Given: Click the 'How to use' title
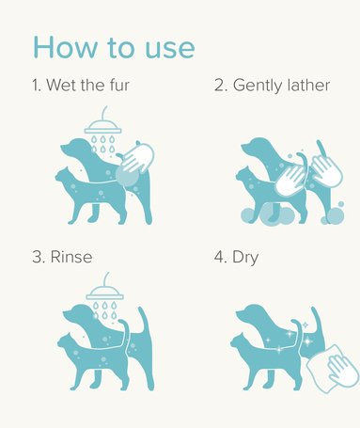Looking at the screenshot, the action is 114,47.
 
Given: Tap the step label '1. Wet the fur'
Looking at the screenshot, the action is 81,85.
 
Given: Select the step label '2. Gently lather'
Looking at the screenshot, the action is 272,86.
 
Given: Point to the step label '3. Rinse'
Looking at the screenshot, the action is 62,257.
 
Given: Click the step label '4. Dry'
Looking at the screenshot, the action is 236,258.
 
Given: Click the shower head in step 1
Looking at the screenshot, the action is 103,125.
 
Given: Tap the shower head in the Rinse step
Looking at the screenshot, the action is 105,291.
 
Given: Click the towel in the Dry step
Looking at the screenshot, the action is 332,369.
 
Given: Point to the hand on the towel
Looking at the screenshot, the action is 343,370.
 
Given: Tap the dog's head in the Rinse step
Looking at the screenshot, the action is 77,313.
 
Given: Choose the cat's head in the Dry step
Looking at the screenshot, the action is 241,341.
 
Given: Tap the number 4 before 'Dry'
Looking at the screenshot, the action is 218,257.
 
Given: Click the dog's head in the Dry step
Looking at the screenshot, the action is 251,313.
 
